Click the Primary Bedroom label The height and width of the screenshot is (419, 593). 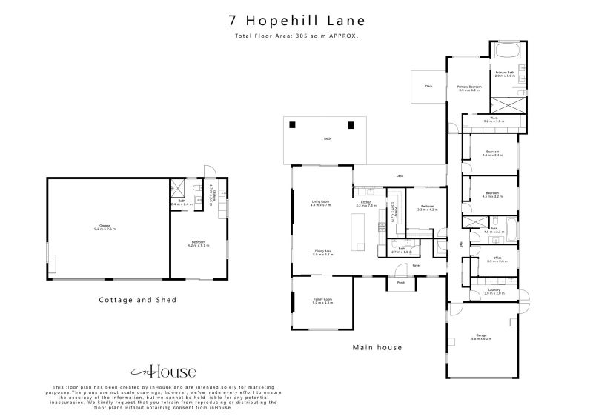click(x=469, y=88)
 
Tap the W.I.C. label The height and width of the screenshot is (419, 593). click(x=494, y=119)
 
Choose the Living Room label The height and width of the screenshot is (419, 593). click(x=320, y=203)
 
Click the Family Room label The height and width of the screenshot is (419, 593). click(x=322, y=300)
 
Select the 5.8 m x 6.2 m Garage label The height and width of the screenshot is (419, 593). click(x=482, y=337)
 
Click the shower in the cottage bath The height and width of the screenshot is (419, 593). click(x=177, y=187)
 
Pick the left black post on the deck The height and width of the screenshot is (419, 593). click(x=292, y=124)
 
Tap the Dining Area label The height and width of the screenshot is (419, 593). click(x=322, y=253)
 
